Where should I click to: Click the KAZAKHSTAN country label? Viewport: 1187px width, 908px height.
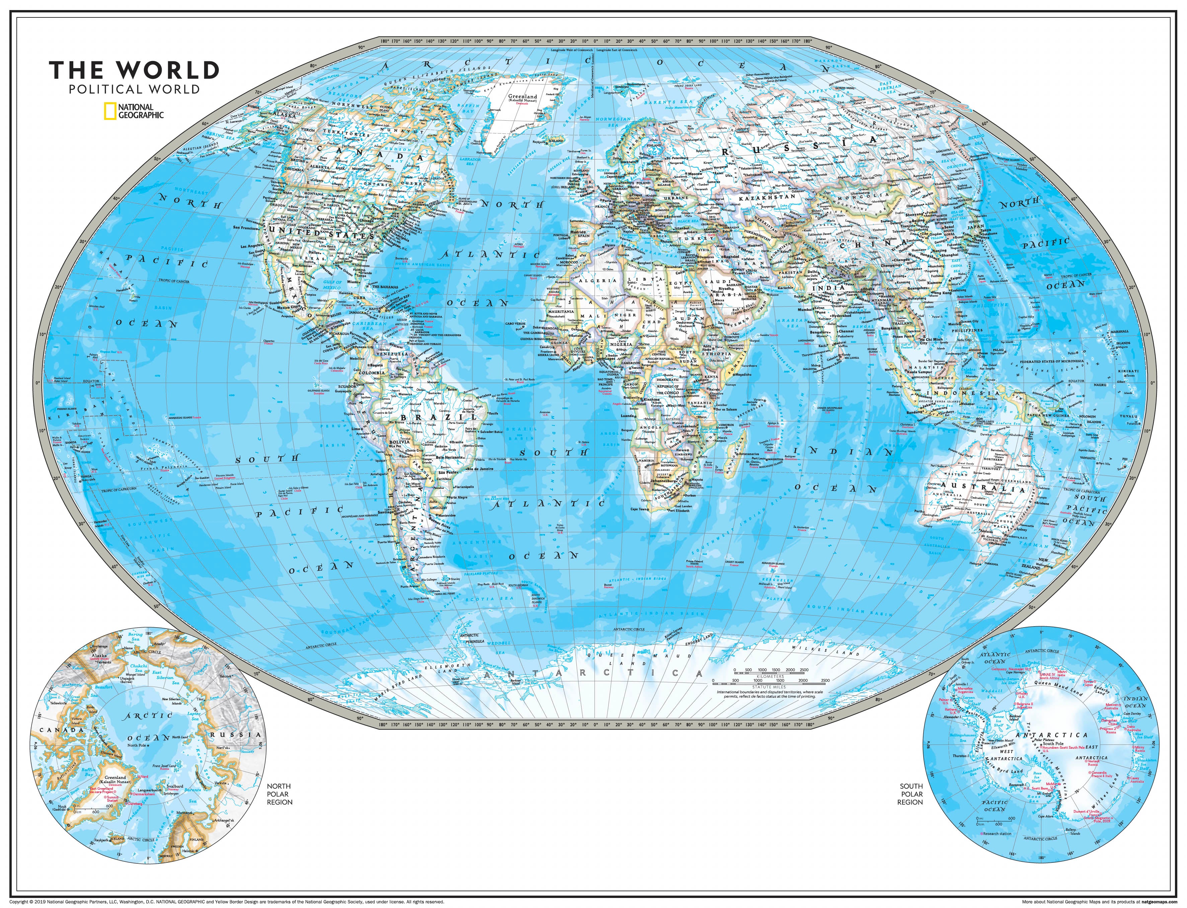767,197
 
